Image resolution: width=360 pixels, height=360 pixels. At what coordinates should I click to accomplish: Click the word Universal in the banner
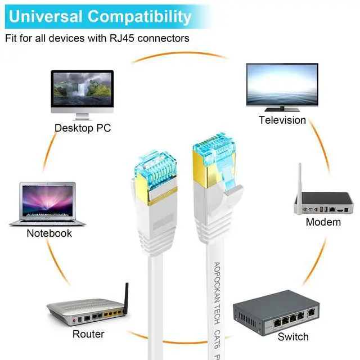coord(46,16)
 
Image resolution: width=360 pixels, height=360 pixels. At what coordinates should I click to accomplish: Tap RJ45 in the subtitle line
coord(121,38)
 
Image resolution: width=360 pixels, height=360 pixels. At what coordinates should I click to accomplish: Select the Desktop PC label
coord(83,128)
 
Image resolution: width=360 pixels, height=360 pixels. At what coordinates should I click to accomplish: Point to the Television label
coord(282,120)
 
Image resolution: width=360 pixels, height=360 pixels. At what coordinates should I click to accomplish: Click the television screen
coord(282,84)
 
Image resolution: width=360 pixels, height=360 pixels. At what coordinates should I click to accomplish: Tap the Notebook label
coord(49,233)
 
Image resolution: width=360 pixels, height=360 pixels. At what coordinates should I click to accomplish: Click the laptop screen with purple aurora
coord(47,200)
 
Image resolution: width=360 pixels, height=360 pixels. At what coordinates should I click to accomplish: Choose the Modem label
coord(323,222)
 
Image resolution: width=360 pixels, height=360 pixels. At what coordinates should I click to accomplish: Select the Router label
coord(88,334)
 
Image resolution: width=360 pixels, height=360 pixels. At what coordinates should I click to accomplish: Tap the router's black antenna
coord(126,298)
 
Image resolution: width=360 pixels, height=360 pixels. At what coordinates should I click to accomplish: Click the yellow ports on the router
coord(112,313)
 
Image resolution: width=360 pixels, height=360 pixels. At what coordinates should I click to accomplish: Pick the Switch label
coord(293,337)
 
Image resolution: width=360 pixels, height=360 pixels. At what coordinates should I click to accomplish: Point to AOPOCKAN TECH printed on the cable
coord(217,293)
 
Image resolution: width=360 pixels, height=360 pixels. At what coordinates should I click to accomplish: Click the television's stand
coord(282,109)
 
